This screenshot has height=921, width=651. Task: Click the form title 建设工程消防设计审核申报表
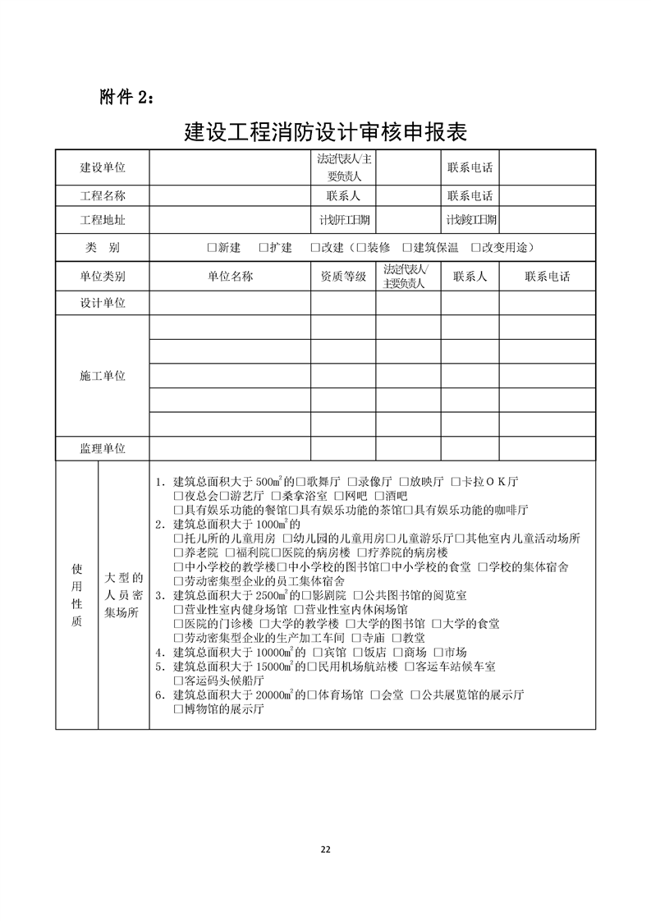point(325,131)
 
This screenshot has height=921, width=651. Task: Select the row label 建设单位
point(103,167)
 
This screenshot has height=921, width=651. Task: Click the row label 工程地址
point(103,220)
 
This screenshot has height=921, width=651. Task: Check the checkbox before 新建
point(212,248)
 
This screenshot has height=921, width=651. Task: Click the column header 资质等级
point(343,277)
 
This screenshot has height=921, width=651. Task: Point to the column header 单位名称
point(230,277)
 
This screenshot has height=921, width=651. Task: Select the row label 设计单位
point(103,303)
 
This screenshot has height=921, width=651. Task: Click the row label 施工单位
point(103,376)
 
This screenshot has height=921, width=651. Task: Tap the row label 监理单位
point(103,449)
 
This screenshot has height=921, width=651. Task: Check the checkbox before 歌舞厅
point(301,481)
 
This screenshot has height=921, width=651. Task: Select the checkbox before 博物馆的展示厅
point(178,710)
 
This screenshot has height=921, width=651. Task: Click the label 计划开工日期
point(343,220)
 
